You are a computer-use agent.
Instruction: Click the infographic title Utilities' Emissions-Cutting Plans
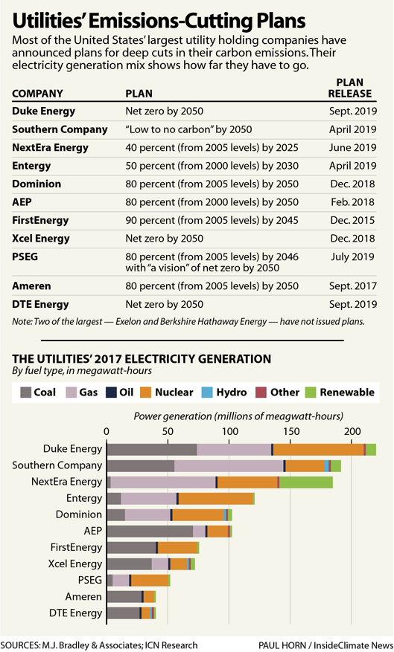click(x=159, y=20)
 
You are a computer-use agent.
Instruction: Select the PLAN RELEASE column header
click(x=350, y=88)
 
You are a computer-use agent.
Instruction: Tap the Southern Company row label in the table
click(x=60, y=129)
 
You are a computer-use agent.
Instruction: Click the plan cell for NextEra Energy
click(x=212, y=148)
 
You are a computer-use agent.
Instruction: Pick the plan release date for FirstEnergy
click(x=353, y=220)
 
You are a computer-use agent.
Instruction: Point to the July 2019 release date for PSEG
click(x=353, y=256)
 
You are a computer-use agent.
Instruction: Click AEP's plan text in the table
click(x=212, y=202)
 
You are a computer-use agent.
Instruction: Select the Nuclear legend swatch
click(x=145, y=393)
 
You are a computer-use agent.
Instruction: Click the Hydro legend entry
click(x=224, y=393)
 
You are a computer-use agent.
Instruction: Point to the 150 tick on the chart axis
click(x=291, y=431)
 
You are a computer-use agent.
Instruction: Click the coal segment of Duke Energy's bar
click(x=152, y=450)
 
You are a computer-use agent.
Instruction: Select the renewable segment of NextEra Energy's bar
click(x=306, y=482)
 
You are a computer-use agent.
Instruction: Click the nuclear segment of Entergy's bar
click(x=216, y=499)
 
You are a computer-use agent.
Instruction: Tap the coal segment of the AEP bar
click(x=150, y=532)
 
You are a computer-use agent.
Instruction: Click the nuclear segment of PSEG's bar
click(x=150, y=581)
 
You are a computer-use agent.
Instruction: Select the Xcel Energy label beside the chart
click(x=75, y=564)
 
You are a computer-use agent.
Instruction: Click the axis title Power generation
click(x=238, y=416)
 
